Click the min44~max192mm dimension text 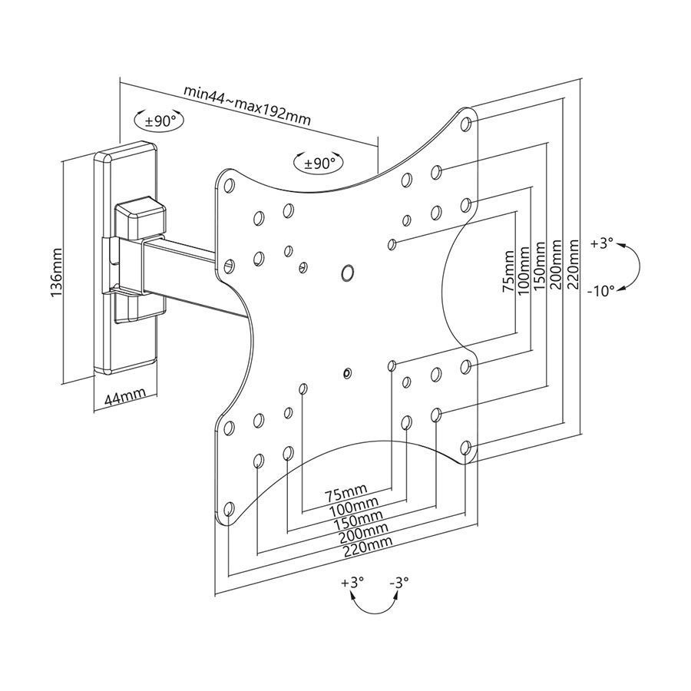[246, 103]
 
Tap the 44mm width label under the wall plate [124, 397]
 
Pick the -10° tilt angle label [602, 291]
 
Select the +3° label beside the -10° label [602, 243]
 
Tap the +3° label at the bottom [352, 583]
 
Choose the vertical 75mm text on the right [507, 270]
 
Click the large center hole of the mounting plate [347, 272]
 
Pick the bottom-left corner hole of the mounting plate [229, 508]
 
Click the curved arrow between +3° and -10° [635, 267]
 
